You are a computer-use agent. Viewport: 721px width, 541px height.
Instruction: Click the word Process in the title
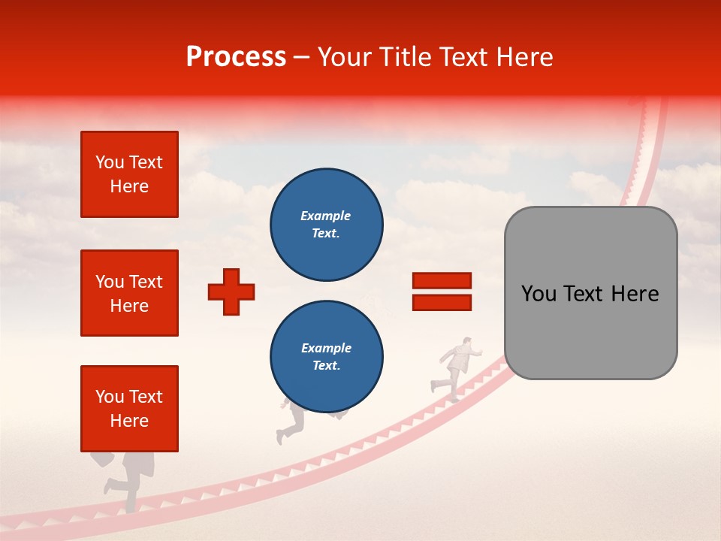coord(236,57)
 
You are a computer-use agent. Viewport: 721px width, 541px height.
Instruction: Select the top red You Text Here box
coord(129,174)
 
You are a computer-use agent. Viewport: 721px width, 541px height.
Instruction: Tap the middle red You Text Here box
coord(129,293)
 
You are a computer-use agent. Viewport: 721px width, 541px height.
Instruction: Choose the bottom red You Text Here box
coord(129,409)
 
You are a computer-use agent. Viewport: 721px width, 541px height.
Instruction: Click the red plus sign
coord(231,292)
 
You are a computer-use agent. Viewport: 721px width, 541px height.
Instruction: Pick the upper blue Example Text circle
coord(327,224)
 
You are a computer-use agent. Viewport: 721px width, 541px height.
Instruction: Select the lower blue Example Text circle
coord(327,356)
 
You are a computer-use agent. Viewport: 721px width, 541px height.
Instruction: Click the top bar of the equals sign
coord(442,281)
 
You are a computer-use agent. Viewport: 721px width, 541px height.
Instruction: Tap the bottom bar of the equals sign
coord(442,303)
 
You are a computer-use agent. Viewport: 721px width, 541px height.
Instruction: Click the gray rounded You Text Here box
coord(590,293)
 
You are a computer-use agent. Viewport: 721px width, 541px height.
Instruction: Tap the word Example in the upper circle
coord(325,216)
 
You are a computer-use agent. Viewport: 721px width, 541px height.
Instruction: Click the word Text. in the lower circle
coord(326,366)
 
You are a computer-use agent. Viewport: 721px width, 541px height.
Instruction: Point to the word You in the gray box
coord(538,294)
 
